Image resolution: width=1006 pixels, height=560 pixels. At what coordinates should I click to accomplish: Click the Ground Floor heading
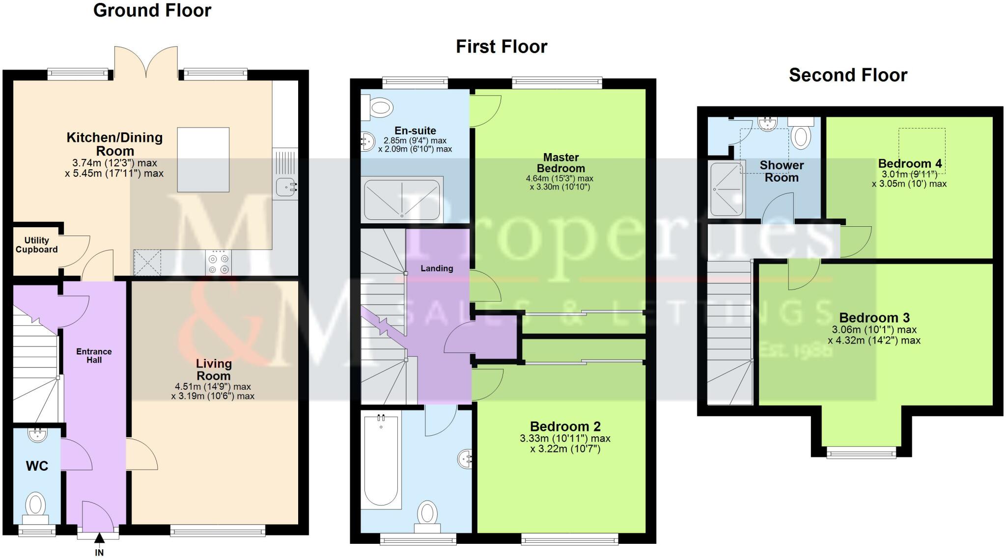click(x=152, y=10)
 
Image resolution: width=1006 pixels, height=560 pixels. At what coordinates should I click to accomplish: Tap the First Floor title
click(x=502, y=47)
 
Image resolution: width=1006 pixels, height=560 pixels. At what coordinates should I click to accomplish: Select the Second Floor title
click(x=848, y=75)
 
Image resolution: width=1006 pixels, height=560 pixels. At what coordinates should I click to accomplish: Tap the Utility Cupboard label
click(x=36, y=245)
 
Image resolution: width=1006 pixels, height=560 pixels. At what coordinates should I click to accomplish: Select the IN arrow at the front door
click(x=99, y=539)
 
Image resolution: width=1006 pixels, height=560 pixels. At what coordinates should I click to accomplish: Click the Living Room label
click(x=214, y=370)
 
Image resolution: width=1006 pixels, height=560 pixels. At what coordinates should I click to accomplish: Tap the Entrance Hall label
click(x=94, y=356)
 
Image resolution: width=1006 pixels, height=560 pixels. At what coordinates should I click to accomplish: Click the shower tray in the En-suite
click(x=402, y=200)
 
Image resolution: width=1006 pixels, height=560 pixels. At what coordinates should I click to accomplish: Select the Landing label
click(x=437, y=268)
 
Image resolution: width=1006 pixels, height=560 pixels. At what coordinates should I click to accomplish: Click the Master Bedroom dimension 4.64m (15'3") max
click(x=559, y=179)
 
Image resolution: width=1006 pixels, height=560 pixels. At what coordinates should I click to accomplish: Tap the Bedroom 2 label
click(x=565, y=427)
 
